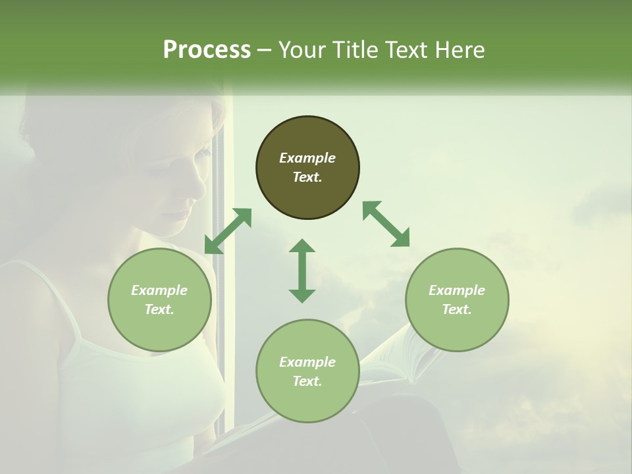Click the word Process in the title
pos(207,50)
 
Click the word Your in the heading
pos(303,50)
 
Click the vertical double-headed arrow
pos(302,271)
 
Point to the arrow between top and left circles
pos(228,230)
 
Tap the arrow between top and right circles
pos(386,224)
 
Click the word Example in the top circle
pos(307,158)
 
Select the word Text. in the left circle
pos(159,309)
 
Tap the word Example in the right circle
pos(457,290)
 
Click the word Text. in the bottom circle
pos(307,381)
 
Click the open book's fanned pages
pos(408,355)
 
